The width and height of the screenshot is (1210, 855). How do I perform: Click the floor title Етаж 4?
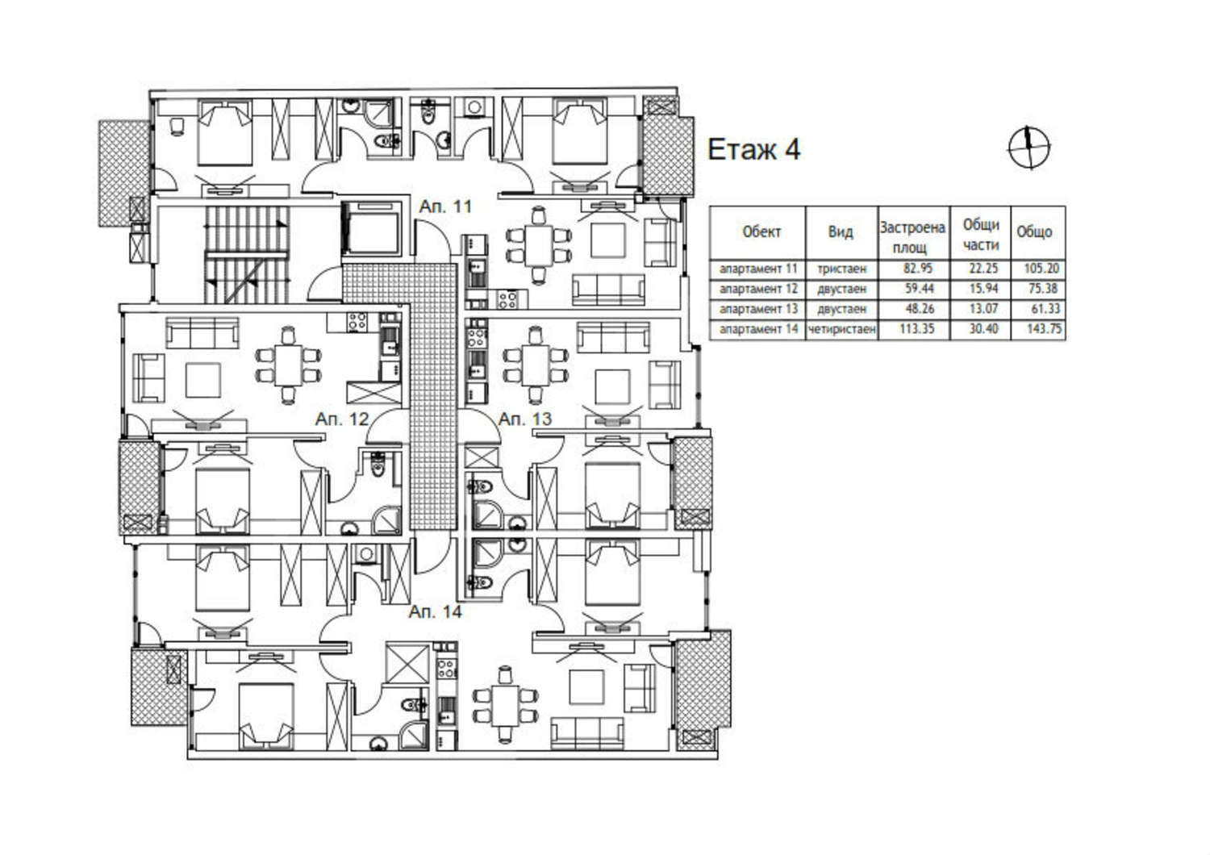pos(753,149)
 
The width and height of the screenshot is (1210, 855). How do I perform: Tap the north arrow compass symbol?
pos(1029,148)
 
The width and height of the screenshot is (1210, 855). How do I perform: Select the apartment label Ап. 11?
pos(445,206)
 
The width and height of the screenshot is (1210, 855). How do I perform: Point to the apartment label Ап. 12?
pos(342,419)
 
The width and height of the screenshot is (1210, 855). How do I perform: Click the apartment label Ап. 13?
pos(525,419)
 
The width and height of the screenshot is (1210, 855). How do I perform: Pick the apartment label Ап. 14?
pos(436,611)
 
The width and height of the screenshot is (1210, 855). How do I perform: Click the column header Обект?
pos(761,232)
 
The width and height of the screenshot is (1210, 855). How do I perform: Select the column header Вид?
pos(841,232)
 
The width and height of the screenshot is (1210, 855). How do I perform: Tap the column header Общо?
pos(1034,232)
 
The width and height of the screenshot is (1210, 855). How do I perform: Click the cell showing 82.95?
pos(918,268)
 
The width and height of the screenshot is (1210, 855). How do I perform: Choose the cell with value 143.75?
pos(1044,328)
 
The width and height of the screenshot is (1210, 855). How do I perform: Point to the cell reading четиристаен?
pos(841,328)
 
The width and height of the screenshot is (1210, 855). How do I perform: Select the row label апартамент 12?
pos(758,289)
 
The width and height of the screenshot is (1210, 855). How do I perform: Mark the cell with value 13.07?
pos(983,308)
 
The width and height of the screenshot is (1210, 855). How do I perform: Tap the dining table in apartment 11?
pos(538,246)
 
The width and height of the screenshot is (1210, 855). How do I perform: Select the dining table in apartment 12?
pos(288,365)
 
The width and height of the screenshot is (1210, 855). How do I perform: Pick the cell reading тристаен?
pos(841,269)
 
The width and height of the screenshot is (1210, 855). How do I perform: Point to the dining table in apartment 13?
pos(536,365)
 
